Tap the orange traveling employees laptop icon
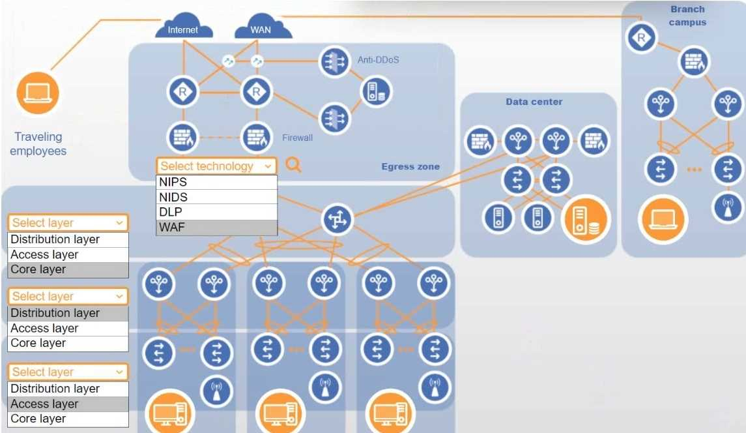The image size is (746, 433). [37, 93]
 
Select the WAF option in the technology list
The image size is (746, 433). [217, 228]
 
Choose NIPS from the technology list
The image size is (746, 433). [217, 183]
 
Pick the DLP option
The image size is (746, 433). [217, 212]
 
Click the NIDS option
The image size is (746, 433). [217, 197]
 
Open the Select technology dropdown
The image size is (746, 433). [216, 166]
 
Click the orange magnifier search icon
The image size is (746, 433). [294, 165]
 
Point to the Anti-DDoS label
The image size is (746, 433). [378, 60]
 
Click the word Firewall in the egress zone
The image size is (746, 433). [297, 138]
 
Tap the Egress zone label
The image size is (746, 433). [410, 166]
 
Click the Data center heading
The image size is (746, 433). [534, 102]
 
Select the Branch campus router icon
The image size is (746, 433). [642, 38]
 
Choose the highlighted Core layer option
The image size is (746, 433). [68, 269]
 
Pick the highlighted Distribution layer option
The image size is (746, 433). [68, 313]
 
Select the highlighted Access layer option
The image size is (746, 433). [68, 404]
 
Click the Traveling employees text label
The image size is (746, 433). [38, 143]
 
